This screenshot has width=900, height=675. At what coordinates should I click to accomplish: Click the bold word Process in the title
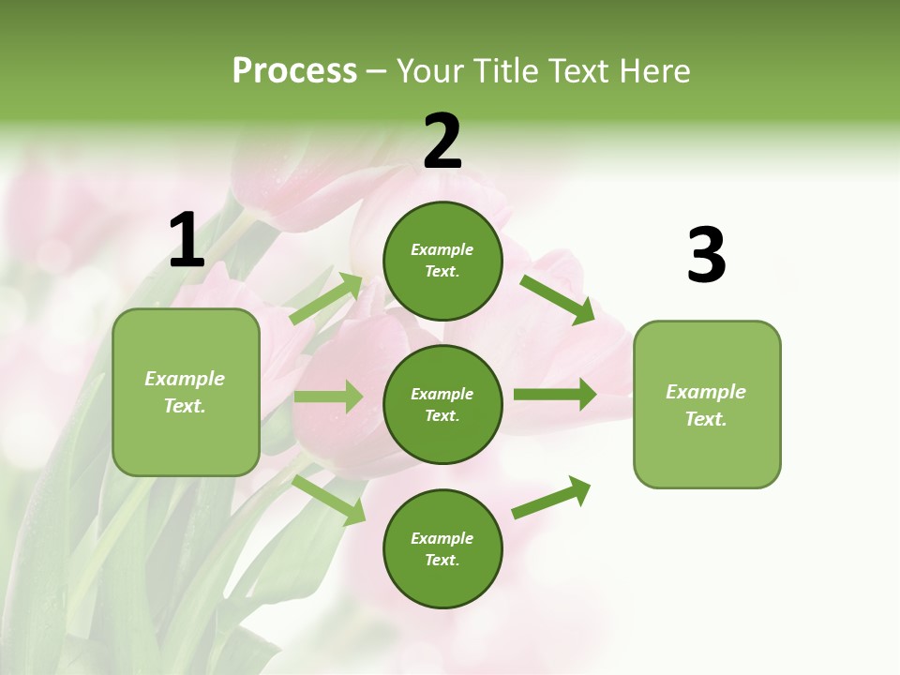(294, 71)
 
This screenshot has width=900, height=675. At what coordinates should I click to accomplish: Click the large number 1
(187, 241)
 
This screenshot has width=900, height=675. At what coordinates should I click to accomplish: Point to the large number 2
(442, 142)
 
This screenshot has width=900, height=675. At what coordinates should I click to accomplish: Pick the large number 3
(706, 255)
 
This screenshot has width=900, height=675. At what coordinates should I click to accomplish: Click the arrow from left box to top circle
(327, 298)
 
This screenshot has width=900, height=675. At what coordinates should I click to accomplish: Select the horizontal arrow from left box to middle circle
(328, 397)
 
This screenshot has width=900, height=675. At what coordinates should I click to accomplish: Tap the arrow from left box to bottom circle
(329, 499)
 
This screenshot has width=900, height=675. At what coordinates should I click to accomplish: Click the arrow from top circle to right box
(558, 299)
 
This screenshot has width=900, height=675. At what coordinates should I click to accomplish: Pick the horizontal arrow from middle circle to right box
(554, 394)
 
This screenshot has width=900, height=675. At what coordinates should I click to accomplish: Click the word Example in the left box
(185, 379)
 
